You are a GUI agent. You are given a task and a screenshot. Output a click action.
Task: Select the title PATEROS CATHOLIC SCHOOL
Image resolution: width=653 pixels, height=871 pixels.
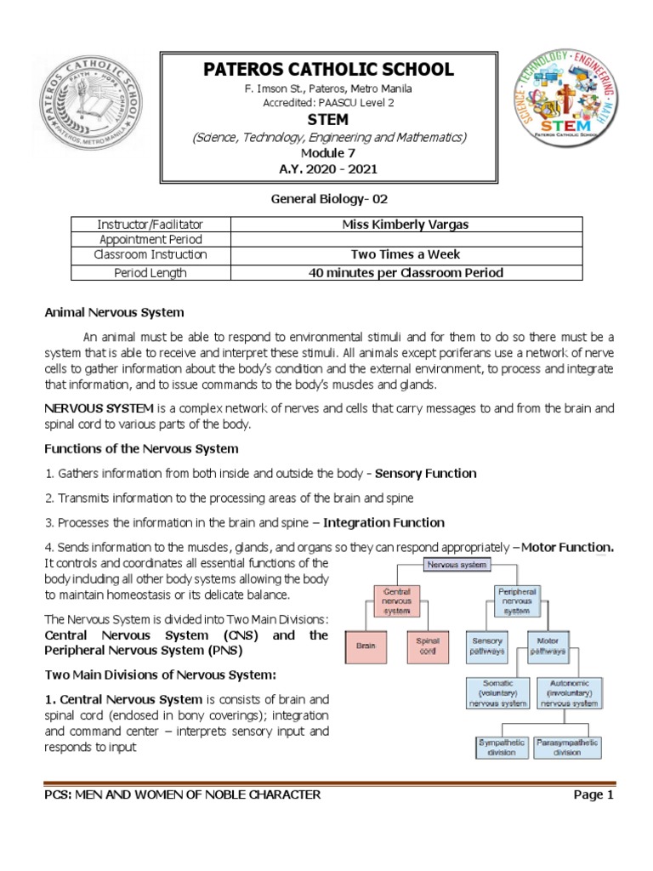(325, 70)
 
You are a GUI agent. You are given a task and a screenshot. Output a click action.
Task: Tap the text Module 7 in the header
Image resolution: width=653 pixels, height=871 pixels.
(325, 151)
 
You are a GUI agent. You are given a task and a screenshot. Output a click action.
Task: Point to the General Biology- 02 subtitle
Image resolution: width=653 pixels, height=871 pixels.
(326, 200)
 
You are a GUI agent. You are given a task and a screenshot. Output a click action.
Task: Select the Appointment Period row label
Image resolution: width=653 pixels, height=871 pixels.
(150, 240)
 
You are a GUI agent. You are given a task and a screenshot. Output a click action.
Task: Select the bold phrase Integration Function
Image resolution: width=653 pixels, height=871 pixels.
(384, 522)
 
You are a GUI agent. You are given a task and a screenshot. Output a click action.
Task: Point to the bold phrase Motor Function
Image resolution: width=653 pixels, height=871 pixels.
(567, 547)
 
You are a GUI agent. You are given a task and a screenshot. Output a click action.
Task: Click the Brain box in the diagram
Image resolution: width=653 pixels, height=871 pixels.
(365, 646)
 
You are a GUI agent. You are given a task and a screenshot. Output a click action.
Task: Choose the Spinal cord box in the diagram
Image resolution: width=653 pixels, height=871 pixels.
(425, 646)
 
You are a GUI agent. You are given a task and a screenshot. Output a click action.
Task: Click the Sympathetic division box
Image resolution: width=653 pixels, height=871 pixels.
(501, 747)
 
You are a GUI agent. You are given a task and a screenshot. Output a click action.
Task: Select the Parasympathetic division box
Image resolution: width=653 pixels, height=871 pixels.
(568, 747)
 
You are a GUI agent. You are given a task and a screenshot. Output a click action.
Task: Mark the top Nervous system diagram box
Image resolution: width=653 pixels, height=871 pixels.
(456, 563)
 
